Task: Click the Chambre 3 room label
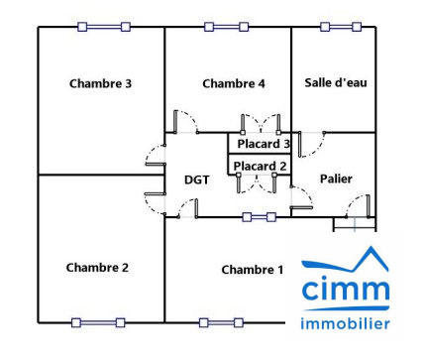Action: click(x=100, y=83)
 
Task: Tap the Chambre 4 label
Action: click(x=233, y=83)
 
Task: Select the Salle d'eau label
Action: click(x=335, y=82)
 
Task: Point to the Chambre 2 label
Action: click(x=97, y=267)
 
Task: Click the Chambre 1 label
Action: click(x=252, y=270)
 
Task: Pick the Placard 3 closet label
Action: click(x=263, y=144)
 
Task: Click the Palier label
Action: click(x=336, y=179)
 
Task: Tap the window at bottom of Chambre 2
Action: click(x=97, y=322)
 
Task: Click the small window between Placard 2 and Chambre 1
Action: click(x=260, y=216)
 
